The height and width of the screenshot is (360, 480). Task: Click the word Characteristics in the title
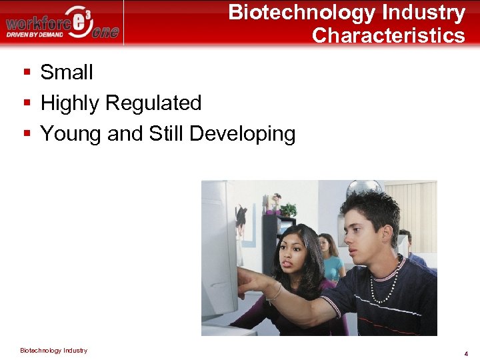pos(388,35)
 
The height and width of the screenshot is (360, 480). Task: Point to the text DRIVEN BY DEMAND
pos(35,34)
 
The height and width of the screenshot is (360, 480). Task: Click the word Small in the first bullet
pos(67,72)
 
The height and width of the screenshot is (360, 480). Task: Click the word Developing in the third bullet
pos(242,133)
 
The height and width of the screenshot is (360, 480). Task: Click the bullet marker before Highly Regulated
pos(27,103)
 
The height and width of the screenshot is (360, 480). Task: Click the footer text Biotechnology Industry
pos(53,350)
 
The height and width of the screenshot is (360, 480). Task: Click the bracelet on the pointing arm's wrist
pos(277,291)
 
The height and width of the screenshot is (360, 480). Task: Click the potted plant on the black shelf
pos(288,209)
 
